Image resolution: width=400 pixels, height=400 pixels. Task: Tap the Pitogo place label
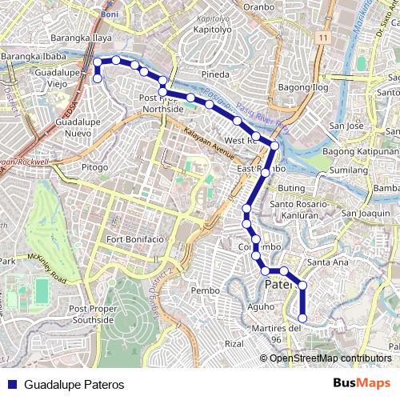[x=94, y=167]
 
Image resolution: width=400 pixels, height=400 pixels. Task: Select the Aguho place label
[x=238, y=307]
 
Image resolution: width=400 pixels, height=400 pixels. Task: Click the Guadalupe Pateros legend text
[x=74, y=384]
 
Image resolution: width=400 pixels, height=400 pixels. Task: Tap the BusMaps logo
[x=362, y=383]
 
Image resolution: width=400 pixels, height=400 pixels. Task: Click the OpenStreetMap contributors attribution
[x=331, y=358]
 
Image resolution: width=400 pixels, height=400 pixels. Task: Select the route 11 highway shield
[x=322, y=38]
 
